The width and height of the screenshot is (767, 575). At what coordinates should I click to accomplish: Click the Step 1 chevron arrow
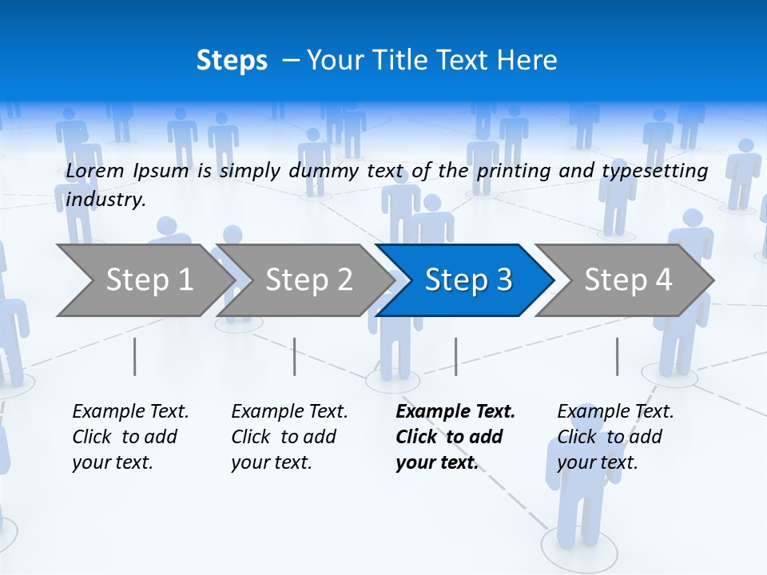[144, 280]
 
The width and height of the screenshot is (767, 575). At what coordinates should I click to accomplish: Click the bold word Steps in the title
[232, 61]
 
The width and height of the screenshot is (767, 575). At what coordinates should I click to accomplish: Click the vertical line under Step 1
[134, 356]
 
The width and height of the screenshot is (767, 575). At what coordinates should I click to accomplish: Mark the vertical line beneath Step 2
[295, 356]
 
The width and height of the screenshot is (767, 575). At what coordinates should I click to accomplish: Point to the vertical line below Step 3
[455, 356]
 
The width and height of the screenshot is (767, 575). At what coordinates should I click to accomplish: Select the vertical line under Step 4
[617, 356]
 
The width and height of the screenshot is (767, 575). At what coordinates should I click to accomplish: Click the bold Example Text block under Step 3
[455, 437]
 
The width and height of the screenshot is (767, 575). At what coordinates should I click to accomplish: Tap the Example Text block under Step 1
[130, 437]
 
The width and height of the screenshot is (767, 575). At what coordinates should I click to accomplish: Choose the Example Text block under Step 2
[289, 437]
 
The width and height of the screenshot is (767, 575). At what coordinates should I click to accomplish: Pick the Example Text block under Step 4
[615, 437]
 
